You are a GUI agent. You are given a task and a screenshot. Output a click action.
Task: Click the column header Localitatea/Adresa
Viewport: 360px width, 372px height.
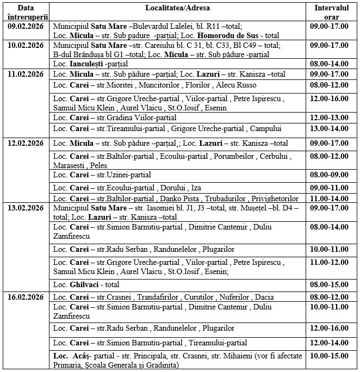click(x=178, y=8)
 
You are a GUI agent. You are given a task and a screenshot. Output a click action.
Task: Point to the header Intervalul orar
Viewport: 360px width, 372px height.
click(x=332, y=12)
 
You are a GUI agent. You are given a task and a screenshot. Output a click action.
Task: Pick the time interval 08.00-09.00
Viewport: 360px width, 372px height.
click(x=332, y=175)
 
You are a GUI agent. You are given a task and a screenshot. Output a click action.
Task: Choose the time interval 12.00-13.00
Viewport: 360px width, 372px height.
click(x=332, y=117)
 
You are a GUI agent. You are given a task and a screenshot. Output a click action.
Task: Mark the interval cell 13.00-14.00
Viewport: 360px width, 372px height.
click(x=332, y=129)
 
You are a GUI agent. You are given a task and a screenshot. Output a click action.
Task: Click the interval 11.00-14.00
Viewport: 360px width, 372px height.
click(x=332, y=199)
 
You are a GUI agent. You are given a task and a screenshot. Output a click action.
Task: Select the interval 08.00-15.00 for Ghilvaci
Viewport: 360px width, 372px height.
click(x=332, y=284)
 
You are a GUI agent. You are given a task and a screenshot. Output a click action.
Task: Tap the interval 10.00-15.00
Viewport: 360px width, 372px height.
click(x=332, y=356)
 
